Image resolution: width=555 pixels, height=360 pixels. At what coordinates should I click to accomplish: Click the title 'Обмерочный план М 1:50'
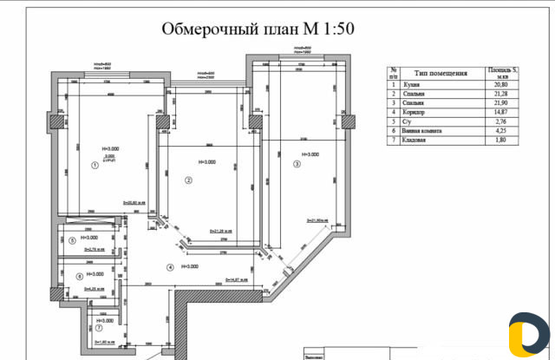pos(258,29)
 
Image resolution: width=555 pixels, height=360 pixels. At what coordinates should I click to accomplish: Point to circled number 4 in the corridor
pos(171,266)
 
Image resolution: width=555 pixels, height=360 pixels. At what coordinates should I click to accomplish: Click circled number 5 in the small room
pos(73,239)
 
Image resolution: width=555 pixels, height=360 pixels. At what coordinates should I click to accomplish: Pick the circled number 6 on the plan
pos(79,277)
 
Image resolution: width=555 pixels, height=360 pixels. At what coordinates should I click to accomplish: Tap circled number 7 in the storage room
pos(99,328)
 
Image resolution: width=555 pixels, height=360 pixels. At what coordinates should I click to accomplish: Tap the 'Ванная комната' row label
pos(426,130)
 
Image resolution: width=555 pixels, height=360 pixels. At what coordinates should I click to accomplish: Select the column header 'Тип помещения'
pos(441,74)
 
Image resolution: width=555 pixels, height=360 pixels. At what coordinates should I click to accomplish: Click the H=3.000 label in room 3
pos(308,154)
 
